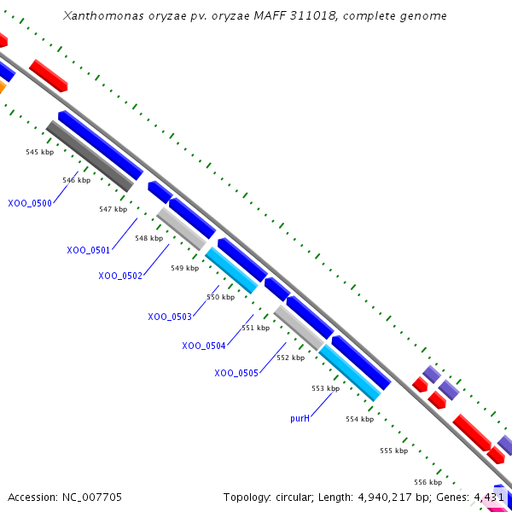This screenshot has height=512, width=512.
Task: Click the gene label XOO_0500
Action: (x=30, y=203)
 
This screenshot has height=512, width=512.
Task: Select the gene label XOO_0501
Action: (x=89, y=250)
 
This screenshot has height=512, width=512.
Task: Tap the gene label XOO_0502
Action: (x=120, y=276)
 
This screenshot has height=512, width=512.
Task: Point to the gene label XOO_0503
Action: (x=170, y=317)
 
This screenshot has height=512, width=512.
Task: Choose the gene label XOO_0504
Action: (x=204, y=346)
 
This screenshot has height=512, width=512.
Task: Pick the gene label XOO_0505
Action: (x=236, y=373)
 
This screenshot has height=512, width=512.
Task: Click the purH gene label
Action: (x=300, y=418)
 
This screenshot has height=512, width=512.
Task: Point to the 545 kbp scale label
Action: (x=40, y=152)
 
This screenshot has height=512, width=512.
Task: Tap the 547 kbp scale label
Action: (x=113, y=209)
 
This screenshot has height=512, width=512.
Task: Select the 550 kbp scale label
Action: (x=220, y=297)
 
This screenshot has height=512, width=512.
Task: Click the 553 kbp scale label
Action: (x=325, y=388)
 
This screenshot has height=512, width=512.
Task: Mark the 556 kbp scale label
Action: (x=428, y=482)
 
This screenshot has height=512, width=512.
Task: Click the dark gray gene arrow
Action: (x=89, y=155)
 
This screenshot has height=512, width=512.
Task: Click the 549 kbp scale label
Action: (x=184, y=268)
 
